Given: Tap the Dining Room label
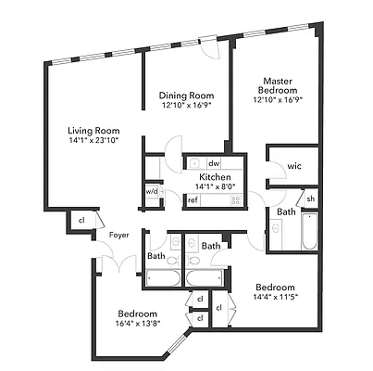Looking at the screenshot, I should click(186, 96).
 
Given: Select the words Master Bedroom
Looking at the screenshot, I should click(278, 85).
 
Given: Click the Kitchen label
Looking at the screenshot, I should click(215, 176).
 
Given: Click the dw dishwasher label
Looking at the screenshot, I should click(213, 162).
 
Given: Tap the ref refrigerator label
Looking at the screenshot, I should click(193, 199).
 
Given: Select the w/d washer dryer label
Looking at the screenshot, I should click(151, 192).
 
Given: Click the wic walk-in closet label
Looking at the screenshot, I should click(294, 166).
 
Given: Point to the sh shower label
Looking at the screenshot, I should click(311, 199).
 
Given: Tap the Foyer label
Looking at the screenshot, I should click(118, 235).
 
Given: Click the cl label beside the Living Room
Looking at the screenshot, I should click(81, 220).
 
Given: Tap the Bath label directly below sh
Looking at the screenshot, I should click(286, 212).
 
